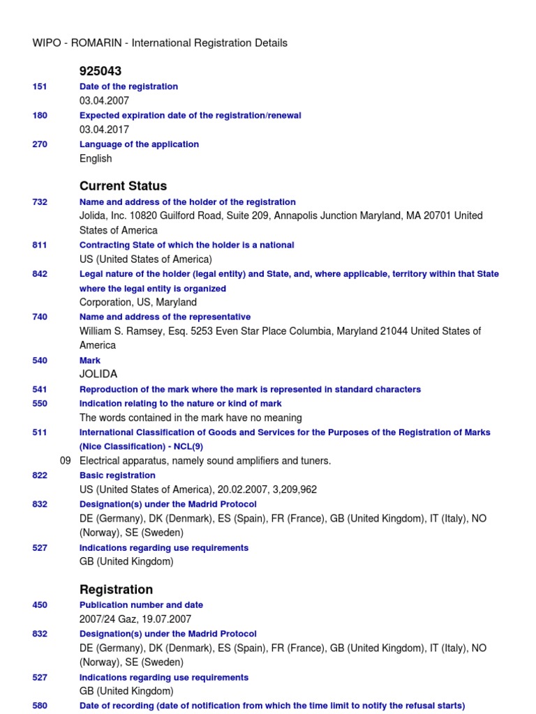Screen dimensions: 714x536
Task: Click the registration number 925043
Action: [100, 71]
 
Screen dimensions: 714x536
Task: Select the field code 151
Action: [40, 86]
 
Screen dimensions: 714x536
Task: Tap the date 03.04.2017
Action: [104, 130]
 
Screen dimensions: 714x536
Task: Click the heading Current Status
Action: [123, 186]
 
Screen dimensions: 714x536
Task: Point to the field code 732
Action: [40, 202]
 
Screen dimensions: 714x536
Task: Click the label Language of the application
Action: [139, 144]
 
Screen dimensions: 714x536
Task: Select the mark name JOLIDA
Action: [98, 374]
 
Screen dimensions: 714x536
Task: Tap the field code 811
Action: [40, 245]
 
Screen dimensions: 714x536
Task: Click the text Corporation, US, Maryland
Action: [138, 303]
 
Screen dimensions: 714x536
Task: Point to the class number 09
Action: [66, 461]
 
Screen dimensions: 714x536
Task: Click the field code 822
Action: [40, 475]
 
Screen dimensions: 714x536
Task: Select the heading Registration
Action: [116, 590]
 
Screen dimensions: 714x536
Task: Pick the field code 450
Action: [40, 605]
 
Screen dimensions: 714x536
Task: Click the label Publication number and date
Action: [141, 605]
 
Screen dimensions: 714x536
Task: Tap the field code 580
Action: [40, 706]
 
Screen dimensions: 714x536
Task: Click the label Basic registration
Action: [117, 475]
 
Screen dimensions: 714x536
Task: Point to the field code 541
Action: [40, 389]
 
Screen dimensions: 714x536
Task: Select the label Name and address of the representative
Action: [165, 317]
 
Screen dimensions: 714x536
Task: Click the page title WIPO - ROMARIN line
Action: [160, 43]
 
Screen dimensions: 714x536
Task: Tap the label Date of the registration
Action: [128, 86]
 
